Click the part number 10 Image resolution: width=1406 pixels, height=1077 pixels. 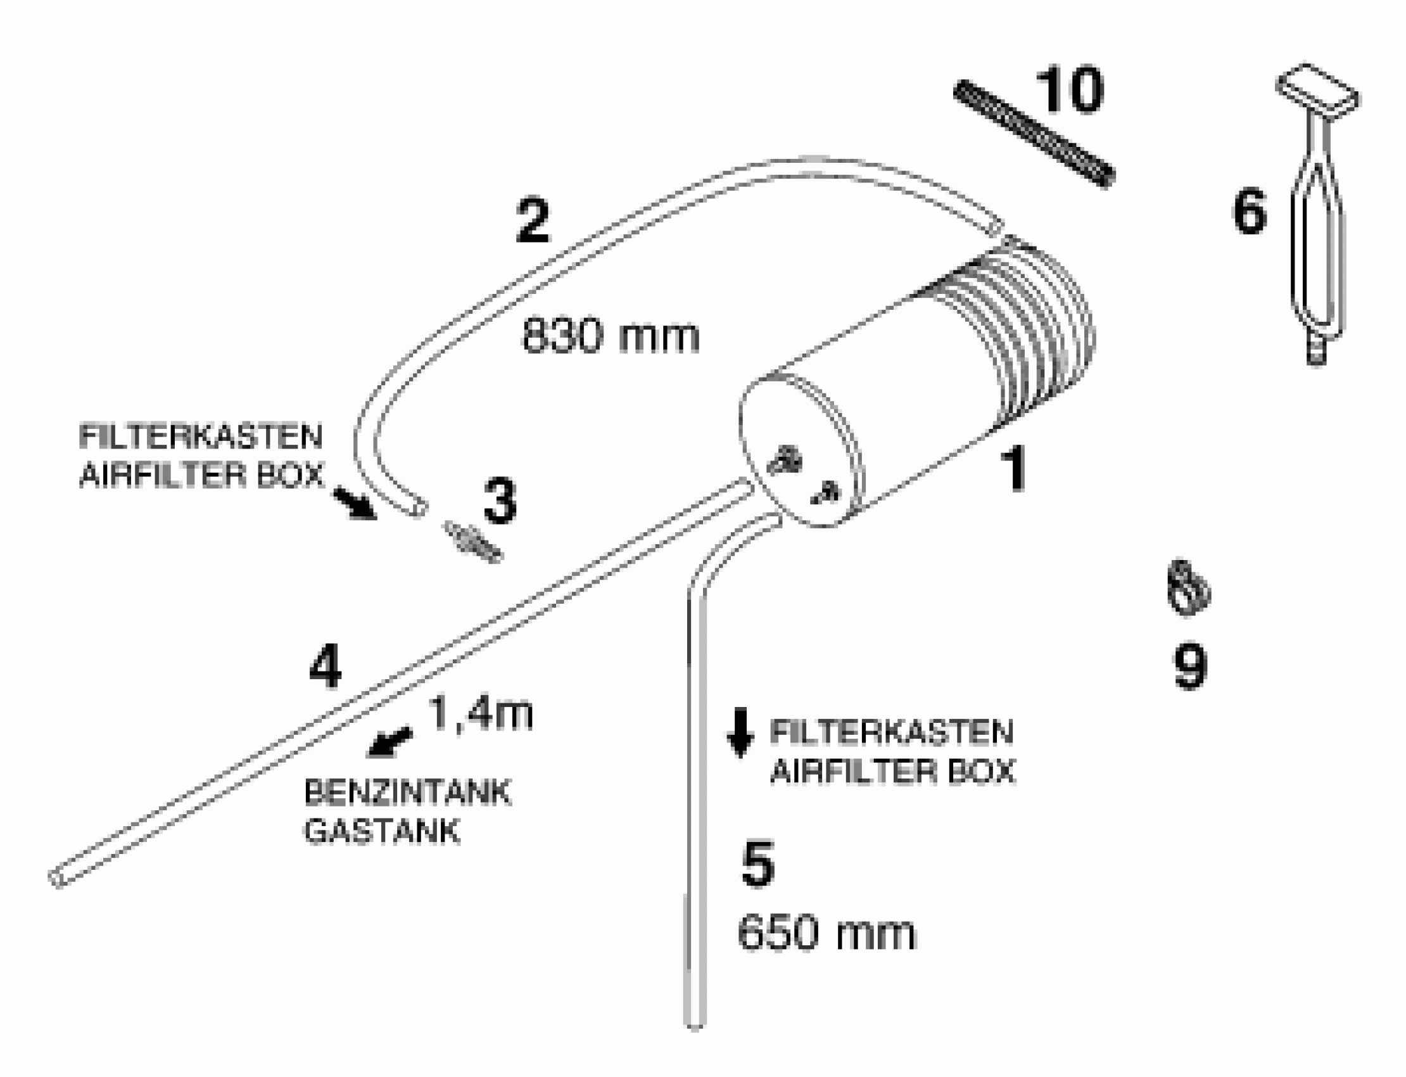click(x=1070, y=91)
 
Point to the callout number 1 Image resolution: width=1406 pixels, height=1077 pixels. click(x=1015, y=470)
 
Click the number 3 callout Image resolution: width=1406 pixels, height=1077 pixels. click(x=500, y=500)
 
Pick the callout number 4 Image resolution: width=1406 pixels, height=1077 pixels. click(x=325, y=667)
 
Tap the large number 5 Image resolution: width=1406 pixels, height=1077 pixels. click(x=757, y=864)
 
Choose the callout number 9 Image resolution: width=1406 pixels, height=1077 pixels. click(x=1190, y=667)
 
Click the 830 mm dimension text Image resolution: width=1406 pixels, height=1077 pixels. click(x=611, y=336)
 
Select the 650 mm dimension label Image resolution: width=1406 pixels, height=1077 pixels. click(x=826, y=933)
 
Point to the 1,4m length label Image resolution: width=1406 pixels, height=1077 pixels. click(x=480, y=712)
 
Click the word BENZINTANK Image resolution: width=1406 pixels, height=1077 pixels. click(x=408, y=793)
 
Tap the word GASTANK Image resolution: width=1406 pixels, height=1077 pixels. click(x=382, y=831)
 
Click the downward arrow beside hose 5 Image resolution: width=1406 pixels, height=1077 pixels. click(x=740, y=732)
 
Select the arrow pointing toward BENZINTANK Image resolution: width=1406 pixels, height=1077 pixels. click(x=389, y=742)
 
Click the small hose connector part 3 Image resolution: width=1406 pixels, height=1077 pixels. click(x=473, y=542)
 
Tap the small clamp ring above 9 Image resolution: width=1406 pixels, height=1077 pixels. click(x=1187, y=587)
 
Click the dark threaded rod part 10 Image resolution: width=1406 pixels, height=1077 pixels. click(x=1034, y=133)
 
